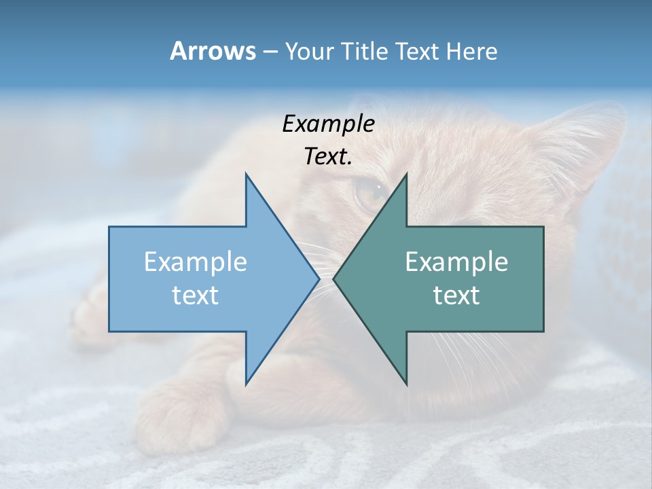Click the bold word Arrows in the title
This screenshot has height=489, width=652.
coord(213,51)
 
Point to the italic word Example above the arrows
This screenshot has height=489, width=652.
coord(328,124)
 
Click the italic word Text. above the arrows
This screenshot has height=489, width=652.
coord(328,156)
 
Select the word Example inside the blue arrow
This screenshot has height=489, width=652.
coord(196,261)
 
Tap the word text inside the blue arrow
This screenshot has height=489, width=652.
coord(196,295)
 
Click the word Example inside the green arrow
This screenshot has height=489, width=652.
coord(456,261)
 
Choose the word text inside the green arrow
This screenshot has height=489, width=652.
coord(456,295)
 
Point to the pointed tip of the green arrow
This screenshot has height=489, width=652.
coord(335,278)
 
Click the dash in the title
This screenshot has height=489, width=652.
coord(270,52)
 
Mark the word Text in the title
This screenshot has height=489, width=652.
coord(420,51)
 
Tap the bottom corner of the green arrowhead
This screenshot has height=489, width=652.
coord(406,384)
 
